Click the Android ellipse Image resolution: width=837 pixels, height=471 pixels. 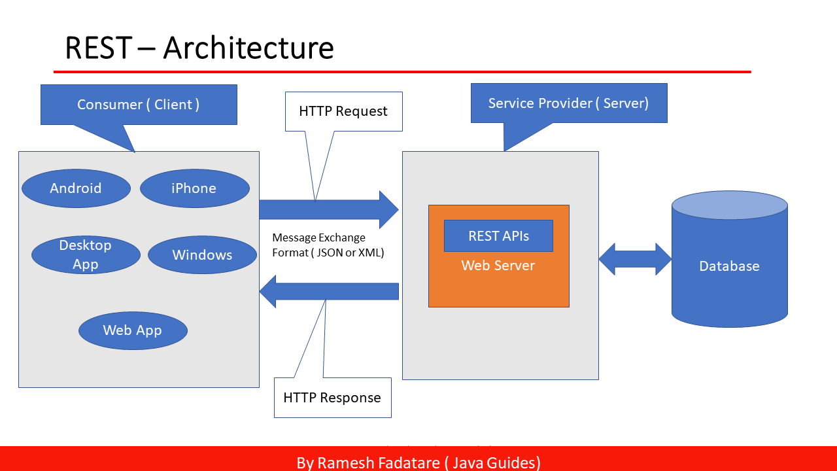coord(76,188)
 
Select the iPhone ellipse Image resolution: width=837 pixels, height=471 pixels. coord(194,188)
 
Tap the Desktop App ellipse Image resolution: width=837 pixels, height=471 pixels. coord(86,254)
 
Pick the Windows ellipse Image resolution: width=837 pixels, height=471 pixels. coord(202,255)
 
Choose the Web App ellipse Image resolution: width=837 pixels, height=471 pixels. coord(133,330)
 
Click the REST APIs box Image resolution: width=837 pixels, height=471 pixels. coord(498,236)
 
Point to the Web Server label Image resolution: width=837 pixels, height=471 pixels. coord(498,266)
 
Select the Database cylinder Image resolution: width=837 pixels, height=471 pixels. coord(729,266)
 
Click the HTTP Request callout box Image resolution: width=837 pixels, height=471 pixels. coord(343,111)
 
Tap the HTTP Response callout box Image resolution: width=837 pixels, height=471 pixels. coord(332,398)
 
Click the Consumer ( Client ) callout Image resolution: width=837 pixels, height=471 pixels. coord(138,105)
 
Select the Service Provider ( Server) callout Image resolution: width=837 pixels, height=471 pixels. coord(568,103)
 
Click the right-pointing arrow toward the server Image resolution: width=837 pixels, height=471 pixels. coord(327,210)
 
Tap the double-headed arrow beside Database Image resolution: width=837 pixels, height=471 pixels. coord(635,259)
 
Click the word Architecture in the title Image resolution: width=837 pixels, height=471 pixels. coord(248,48)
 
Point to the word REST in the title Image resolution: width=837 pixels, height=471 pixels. coord(98,48)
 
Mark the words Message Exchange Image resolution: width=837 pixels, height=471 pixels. coord(318,237)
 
